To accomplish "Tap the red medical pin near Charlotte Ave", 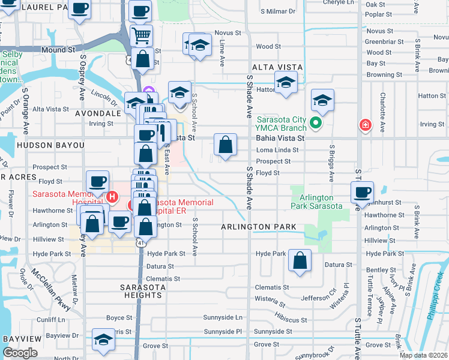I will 364,125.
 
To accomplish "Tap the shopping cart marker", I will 141,35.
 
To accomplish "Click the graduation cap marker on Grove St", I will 104,340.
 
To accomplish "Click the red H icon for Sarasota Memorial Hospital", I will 111,197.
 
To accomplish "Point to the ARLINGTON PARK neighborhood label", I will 259,227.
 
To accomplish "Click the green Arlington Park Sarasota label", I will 316,202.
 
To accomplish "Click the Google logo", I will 20,353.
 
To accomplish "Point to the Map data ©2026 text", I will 423,355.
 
